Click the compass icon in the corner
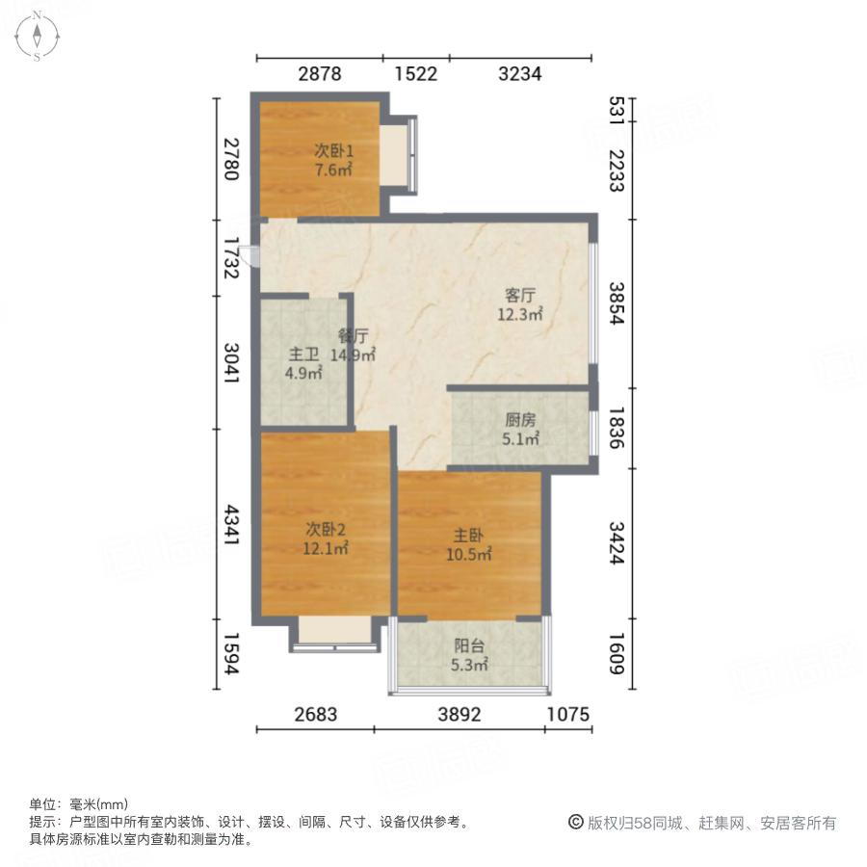[x=37, y=36]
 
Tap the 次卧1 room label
[x=333, y=150]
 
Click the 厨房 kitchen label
[x=521, y=420]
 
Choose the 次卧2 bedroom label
[x=327, y=529]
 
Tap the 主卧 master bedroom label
[x=470, y=536]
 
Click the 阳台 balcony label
[x=470, y=646]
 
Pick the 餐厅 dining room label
[x=354, y=336]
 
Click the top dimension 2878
[x=319, y=74]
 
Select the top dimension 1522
[x=415, y=74]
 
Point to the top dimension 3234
[x=520, y=74]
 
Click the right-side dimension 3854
[x=617, y=302]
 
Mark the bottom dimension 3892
[x=459, y=714]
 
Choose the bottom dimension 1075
[x=568, y=714]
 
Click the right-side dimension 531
[x=617, y=108]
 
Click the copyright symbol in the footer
[x=575, y=823]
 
